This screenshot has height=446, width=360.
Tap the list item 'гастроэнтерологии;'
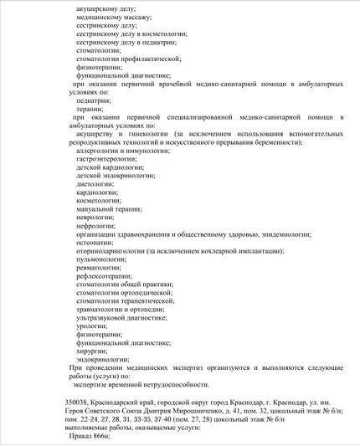[105, 158]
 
